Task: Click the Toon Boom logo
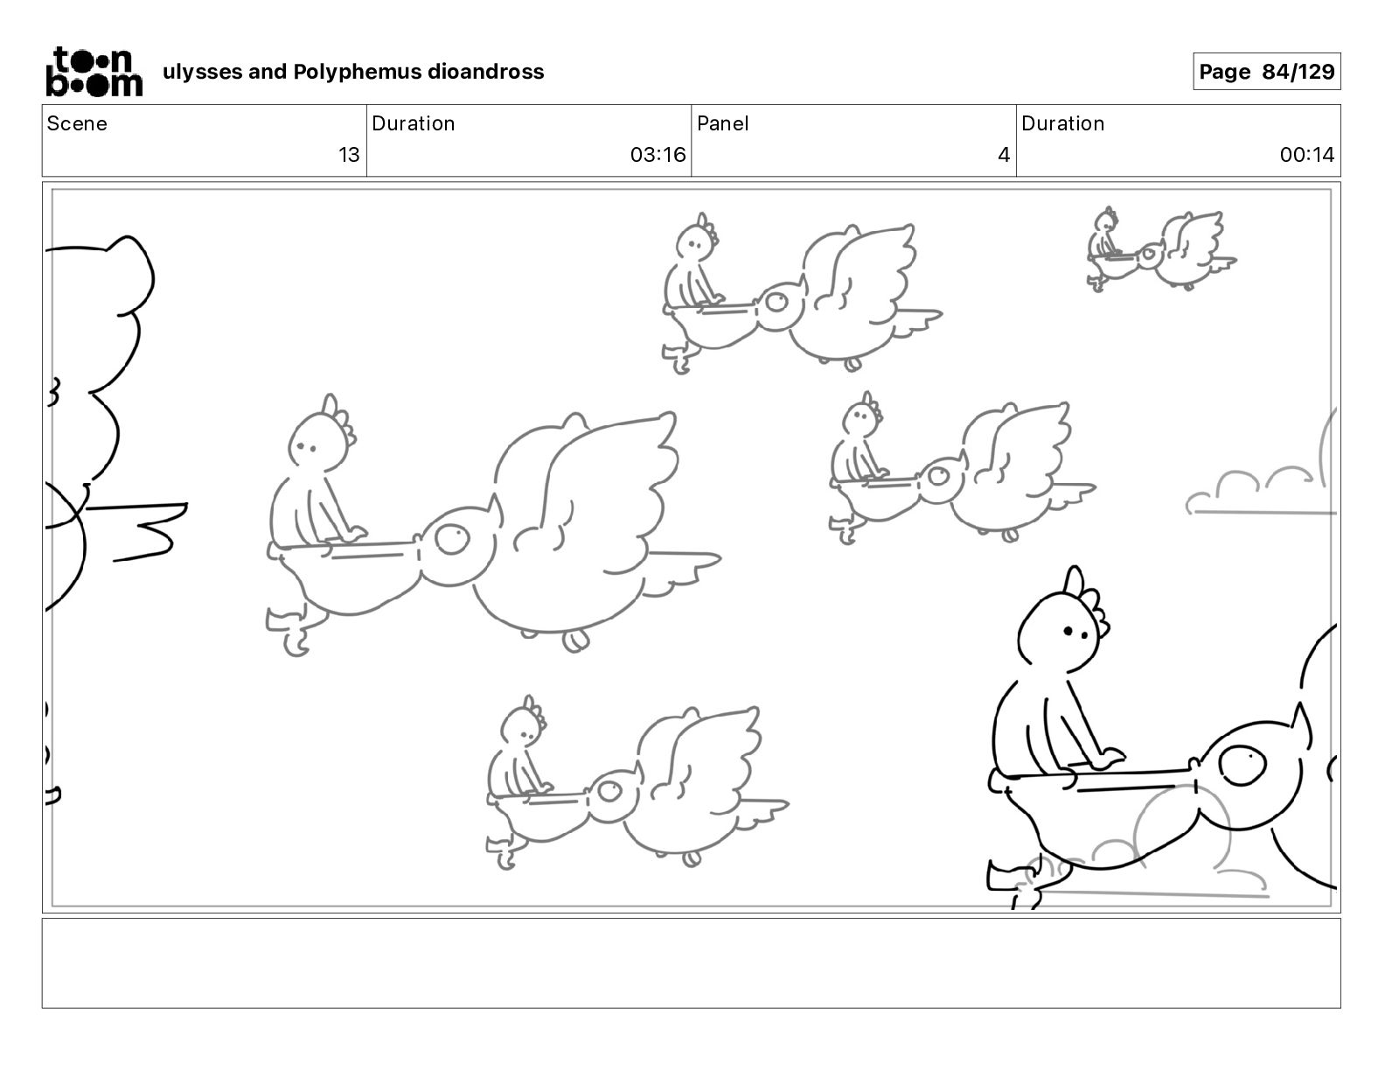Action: click(x=94, y=72)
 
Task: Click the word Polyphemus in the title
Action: click(x=357, y=72)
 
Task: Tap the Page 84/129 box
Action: click(x=1266, y=72)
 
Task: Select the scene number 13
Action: click(x=349, y=154)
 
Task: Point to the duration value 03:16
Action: click(x=658, y=154)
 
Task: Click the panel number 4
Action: click(x=1004, y=154)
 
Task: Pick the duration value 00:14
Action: click(x=1306, y=154)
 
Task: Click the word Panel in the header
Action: click(x=722, y=123)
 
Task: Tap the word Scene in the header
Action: click(x=76, y=123)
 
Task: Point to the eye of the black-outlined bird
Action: click(x=1242, y=765)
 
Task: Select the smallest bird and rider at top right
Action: click(x=1161, y=249)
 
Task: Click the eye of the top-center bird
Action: click(x=776, y=301)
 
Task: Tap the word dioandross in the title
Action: click(x=485, y=72)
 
